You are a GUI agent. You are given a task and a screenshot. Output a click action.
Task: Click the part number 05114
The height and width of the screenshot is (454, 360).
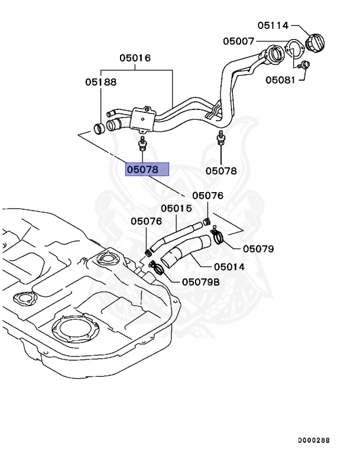coord(273,25)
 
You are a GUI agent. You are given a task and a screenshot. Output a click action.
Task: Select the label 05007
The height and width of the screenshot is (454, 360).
coord(238,41)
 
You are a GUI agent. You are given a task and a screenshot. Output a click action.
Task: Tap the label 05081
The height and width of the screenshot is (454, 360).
coord(280,79)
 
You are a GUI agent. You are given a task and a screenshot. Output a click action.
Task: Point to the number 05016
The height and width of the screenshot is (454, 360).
coord(135,58)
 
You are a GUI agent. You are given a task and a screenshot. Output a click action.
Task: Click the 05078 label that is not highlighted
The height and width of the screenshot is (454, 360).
coord(221,171)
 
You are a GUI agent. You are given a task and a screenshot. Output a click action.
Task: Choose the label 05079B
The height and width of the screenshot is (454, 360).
coord(200,282)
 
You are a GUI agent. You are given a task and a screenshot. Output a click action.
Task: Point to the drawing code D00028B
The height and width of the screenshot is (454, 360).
coord(313,440)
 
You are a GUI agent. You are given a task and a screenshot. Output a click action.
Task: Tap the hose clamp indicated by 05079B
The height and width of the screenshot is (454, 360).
coord(157,269)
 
